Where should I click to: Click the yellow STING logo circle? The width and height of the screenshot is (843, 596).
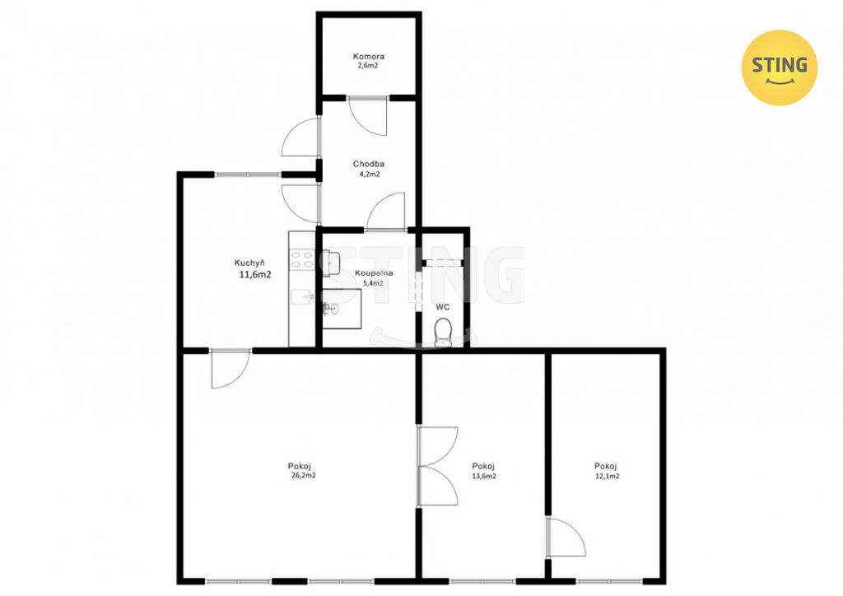point(779,68)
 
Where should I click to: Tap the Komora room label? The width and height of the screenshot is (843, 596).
point(368,57)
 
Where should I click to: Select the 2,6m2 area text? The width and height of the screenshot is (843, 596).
point(368,66)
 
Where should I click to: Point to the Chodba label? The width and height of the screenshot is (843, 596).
point(368,164)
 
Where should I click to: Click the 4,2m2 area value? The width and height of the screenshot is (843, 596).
point(370,175)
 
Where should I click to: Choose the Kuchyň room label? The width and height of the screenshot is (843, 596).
point(249,263)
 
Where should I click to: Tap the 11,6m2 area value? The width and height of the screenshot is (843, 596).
point(255,275)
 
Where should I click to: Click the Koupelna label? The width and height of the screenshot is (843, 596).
point(374,273)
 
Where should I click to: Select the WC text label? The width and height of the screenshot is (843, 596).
point(442,307)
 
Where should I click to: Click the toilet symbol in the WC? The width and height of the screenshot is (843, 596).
point(443,332)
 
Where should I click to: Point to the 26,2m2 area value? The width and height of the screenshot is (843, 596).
point(303,476)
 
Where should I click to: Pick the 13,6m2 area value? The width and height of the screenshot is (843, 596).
point(484,476)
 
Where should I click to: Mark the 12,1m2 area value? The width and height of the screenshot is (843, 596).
point(607,476)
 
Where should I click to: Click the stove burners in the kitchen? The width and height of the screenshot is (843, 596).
point(301,259)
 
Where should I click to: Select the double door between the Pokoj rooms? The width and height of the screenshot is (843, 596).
point(438,466)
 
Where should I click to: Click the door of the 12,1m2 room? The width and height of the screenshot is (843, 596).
point(566,537)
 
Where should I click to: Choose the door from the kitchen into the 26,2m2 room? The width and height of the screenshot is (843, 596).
point(231,369)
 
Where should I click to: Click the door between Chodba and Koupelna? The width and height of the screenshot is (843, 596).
point(385,212)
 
